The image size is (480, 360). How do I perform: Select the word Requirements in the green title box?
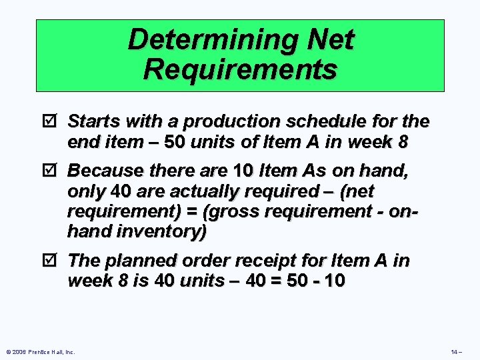[240, 69]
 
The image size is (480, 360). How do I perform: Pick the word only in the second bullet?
[87, 192]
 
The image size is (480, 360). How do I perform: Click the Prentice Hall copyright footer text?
[40, 351]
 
